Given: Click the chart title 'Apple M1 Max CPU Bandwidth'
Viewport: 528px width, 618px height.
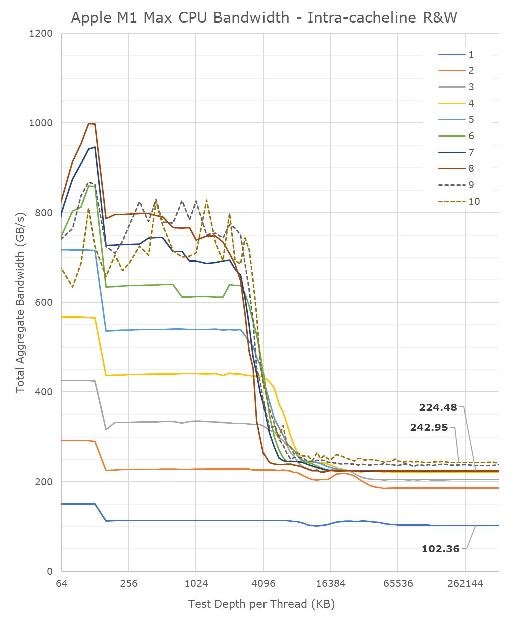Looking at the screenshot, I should (264, 17).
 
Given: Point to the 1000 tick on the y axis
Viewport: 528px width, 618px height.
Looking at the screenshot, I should (42, 123).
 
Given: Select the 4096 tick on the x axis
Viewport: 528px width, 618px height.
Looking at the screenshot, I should (263, 583).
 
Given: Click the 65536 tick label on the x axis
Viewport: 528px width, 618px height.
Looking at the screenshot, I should (398, 583).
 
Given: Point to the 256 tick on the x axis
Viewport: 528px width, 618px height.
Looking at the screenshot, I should (129, 583).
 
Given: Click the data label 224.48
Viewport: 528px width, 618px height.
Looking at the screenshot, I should (438, 407).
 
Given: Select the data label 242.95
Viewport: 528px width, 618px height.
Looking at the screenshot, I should (429, 428).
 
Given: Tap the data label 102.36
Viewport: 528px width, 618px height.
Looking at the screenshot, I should (440, 549).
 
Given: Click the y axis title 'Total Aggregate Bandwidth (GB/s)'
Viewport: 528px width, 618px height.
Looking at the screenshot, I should (20, 302).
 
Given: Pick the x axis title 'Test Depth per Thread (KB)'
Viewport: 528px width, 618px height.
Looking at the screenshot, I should (261, 604).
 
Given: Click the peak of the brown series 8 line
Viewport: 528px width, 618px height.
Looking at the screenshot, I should (89, 123).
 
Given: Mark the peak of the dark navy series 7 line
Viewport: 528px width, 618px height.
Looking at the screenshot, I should (95, 147).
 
